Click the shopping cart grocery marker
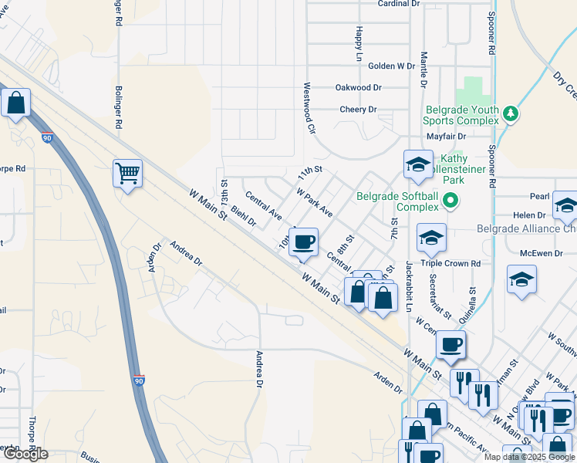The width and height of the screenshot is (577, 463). [127, 173]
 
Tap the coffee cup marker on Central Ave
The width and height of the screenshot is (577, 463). [304, 242]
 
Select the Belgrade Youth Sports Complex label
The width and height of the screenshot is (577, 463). [461, 115]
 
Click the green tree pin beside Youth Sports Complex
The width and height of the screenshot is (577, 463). [510, 114]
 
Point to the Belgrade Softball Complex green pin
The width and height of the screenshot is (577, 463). [451, 201]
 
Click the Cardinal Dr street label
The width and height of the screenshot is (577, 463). [398, 4]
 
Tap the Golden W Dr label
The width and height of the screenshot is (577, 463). [392, 66]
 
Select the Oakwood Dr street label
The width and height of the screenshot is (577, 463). [359, 88]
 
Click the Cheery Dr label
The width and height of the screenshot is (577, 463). [358, 110]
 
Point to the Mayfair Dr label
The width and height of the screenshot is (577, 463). [448, 137]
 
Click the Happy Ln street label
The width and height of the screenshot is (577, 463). [359, 44]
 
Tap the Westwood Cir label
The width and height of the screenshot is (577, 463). [310, 109]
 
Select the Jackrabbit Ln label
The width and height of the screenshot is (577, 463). [409, 286]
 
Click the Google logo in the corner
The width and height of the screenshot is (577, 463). [25, 454]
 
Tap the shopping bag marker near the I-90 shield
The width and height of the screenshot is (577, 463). [15, 103]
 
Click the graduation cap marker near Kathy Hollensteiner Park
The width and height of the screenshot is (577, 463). [418, 164]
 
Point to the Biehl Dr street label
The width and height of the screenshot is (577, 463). [243, 217]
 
